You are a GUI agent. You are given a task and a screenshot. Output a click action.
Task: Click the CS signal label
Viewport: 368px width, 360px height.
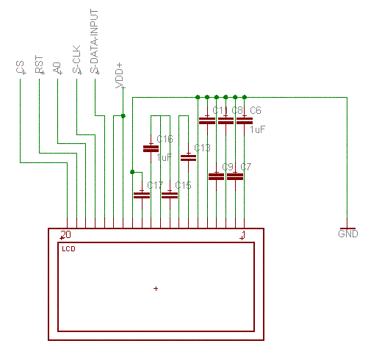click(21, 67)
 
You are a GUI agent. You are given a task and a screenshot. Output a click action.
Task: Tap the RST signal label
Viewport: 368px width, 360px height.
click(39, 65)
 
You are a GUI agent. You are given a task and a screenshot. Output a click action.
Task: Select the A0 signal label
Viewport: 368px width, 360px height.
click(57, 68)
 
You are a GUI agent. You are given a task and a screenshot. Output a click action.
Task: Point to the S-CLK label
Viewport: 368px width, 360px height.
click(76, 60)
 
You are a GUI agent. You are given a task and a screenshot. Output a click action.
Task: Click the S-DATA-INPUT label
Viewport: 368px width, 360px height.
click(94, 41)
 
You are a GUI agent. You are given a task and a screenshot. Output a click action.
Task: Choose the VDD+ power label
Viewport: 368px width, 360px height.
click(120, 76)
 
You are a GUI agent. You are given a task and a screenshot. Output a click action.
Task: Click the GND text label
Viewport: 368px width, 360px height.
click(348, 234)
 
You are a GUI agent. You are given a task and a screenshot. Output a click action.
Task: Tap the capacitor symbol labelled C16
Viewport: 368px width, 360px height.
click(151, 148)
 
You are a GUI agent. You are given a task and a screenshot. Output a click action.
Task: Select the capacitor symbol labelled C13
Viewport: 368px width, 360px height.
click(188, 158)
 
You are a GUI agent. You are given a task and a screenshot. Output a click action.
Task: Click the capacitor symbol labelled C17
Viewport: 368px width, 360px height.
click(142, 195)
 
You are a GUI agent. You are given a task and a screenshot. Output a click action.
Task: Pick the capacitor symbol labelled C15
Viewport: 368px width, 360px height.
click(170, 195)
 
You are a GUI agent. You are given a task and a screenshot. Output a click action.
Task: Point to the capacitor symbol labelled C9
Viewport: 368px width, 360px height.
click(216, 176)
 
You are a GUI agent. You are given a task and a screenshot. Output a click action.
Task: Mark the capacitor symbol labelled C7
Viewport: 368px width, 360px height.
click(235, 176)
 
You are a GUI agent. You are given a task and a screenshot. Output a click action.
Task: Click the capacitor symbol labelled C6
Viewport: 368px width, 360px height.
click(245, 120)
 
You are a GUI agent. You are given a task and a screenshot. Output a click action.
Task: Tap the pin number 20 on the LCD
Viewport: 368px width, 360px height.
click(66, 234)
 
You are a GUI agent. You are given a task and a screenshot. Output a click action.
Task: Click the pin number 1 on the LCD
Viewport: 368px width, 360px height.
click(243, 234)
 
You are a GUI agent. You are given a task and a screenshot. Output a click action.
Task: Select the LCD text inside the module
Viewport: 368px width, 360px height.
click(68, 249)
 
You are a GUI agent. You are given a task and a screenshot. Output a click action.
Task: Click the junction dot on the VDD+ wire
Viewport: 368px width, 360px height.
click(123, 116)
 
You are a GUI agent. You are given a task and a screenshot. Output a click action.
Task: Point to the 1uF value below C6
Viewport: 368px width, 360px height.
click(257, 129)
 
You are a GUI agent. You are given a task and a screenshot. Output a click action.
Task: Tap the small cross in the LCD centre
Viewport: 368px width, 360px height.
click(156, 289)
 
